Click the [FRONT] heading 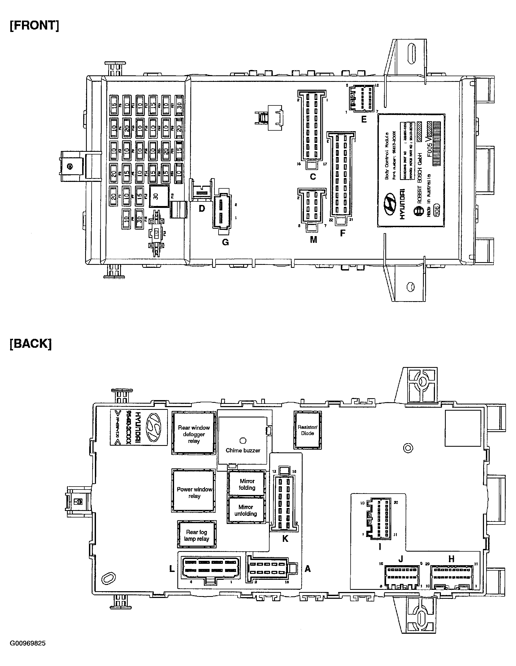(x=34, y=25)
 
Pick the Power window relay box (x=194, y=492)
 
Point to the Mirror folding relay (x=247, y=484)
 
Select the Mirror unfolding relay (x=246, y=510)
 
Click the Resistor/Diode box (x=307, y=430)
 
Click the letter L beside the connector (x=172, y=569)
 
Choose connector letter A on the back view (x=308, y=569)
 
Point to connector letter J (x=401, y=559)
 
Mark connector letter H (x=451, y=559)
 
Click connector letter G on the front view (x=225, y=242)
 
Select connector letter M (x=313, y=240)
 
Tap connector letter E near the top (x=364, y=120)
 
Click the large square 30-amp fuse (x=159, y=196)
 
